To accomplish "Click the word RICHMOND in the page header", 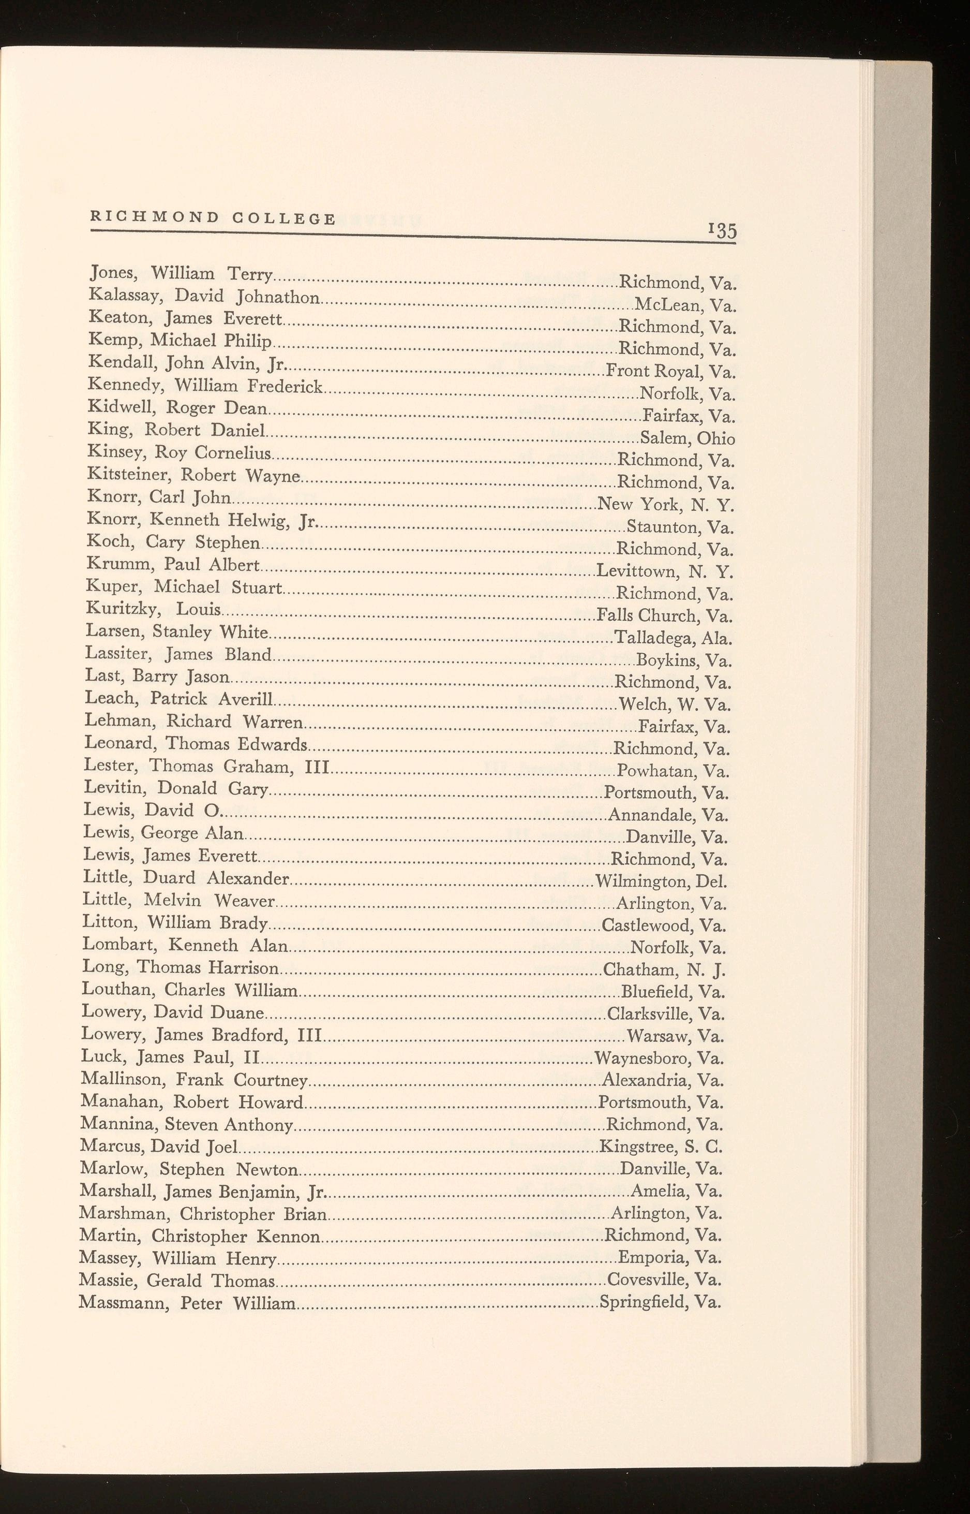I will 154,217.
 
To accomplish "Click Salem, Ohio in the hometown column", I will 687,438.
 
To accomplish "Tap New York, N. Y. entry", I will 666,505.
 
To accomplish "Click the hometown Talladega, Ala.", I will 673,638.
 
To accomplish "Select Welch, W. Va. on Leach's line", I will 675,704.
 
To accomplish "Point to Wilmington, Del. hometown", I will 661,881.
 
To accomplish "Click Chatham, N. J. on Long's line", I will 664,969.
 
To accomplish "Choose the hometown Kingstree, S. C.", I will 661,1146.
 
